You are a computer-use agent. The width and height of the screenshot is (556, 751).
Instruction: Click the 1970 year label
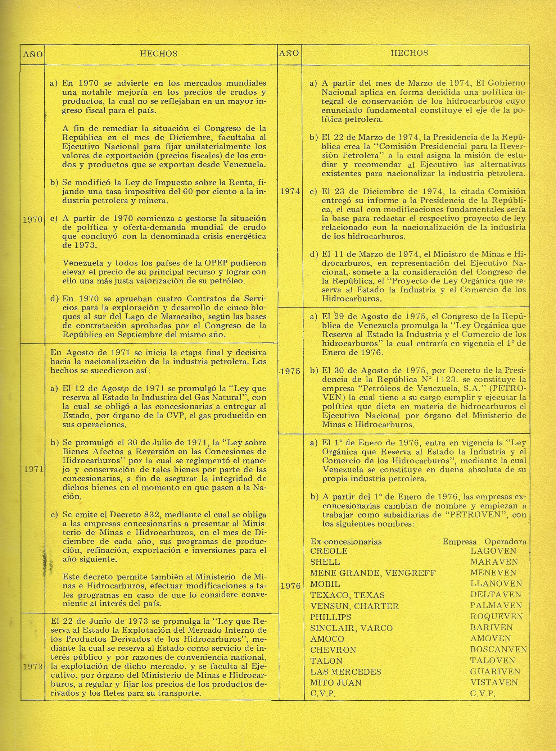(33, 219)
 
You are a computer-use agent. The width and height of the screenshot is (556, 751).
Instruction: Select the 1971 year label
(33, 469)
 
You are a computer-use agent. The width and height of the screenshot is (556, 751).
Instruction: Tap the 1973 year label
(33, 666)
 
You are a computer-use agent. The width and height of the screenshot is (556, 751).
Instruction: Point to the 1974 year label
(290, 191)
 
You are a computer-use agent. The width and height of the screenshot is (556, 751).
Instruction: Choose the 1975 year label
(290, 371)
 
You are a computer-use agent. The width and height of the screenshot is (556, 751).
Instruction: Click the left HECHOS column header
(158, 54)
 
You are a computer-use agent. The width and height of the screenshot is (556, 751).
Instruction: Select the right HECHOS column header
(409, 53)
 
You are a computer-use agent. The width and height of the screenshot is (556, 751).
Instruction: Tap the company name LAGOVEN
(493, 551)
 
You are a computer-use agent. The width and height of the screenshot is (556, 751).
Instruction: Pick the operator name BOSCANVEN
(498, 650)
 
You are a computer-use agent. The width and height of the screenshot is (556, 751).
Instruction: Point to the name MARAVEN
(494, 562)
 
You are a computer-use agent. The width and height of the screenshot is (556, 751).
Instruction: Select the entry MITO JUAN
(336, 683)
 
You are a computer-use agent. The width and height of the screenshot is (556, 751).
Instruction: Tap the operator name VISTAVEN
(494, 683)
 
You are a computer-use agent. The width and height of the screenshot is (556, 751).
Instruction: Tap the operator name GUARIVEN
(495, 672)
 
